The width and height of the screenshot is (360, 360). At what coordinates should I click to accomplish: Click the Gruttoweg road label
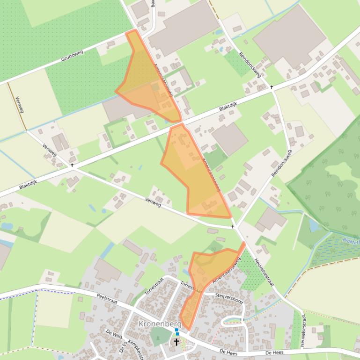(x=72, y=56)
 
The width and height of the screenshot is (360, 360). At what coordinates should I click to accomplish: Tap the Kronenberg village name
(x=160, y=324)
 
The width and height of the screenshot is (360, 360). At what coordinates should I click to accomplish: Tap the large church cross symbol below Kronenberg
(x=176, y=342)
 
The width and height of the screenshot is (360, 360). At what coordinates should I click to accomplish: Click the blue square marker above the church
(x=176, y=330)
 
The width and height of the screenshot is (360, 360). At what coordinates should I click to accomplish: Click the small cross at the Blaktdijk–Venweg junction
(x=72, y=165)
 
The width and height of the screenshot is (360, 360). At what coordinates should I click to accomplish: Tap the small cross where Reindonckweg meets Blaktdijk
(x=272, y=87)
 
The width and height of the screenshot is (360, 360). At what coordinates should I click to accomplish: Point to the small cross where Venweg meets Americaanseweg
(x=233, y=226)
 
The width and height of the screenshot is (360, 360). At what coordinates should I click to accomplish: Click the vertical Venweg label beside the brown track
(x=19, y=105)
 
